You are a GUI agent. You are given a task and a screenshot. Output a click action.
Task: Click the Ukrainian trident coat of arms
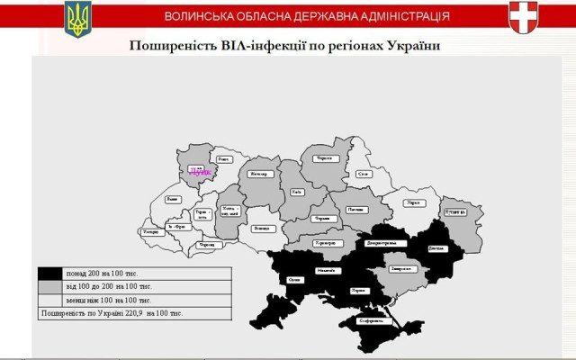tap(78, 18)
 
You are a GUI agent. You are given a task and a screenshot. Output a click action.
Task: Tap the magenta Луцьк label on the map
tap(200, 170)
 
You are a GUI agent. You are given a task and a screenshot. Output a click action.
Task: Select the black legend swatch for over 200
tap(50, 273)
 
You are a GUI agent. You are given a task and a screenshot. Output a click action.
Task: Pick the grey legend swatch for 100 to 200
tap(50, 286)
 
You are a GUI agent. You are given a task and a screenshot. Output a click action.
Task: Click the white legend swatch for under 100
tap(50, 300)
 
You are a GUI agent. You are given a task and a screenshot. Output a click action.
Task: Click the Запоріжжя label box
tap(401, 268)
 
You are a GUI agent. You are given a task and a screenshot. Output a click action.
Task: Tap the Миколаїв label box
tap(326, 271)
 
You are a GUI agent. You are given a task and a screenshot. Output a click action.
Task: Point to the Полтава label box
tap(356, 210)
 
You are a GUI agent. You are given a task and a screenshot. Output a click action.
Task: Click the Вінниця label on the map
tap(262, 229)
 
